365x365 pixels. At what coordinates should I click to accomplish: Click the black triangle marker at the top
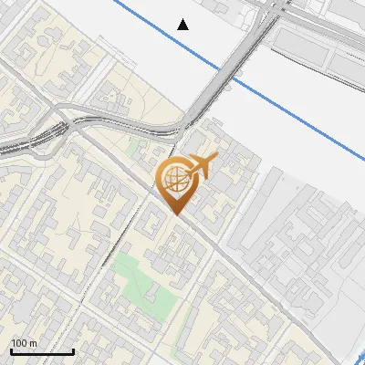(x=183, y=24)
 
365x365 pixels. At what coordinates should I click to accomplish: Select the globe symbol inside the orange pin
(x=174, y=179)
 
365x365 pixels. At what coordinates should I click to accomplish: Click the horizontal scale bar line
(x=42, y=351)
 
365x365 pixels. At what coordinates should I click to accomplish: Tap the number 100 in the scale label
(x=20, y=343)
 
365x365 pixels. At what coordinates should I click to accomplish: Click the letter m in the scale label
(x=33, y=343)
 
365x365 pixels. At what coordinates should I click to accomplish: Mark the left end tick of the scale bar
(x=11, y=350)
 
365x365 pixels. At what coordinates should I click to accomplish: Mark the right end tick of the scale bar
(x=73, y=350)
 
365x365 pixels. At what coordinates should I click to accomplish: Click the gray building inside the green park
(x=150, y=294)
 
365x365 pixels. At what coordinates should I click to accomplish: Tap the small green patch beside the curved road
(x=137, y=146)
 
